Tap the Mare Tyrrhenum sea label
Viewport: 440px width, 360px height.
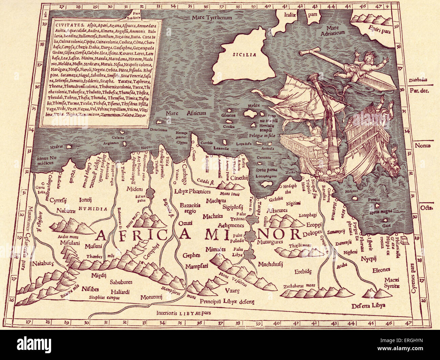coord(211,17)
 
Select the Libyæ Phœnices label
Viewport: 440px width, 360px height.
coord(193,191)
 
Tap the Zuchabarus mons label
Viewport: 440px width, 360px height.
coord(299,285)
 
